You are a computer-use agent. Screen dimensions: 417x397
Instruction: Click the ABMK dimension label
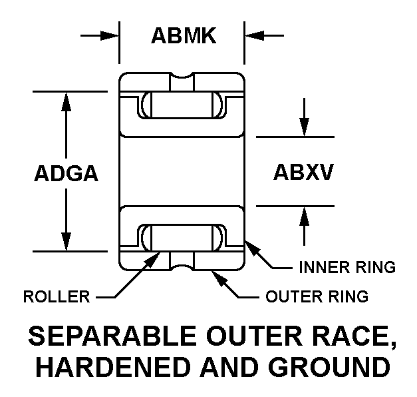184,35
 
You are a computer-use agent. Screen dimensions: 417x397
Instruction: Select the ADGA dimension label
67,173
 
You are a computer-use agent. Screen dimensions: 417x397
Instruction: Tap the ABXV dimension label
303,172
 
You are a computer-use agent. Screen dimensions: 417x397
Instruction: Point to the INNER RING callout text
347,267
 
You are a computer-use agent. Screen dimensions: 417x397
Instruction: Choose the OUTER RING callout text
317,296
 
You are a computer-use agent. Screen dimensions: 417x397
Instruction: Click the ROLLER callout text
57,296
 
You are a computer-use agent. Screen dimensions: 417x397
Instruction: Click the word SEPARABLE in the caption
112,336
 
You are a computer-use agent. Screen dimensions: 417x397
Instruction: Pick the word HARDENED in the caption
113,367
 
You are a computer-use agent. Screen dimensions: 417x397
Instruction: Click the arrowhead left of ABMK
110,35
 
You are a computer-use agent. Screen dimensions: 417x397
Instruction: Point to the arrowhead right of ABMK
254,35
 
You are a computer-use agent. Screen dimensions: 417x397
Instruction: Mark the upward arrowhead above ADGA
66,101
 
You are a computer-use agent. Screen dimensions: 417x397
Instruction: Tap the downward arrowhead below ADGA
66,241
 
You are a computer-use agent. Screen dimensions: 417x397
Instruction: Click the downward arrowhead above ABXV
304,127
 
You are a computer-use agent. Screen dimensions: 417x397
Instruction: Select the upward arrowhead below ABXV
304,216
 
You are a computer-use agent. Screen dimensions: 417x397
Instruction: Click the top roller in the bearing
182,105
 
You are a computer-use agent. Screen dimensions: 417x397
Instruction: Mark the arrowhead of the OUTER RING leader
219,277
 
